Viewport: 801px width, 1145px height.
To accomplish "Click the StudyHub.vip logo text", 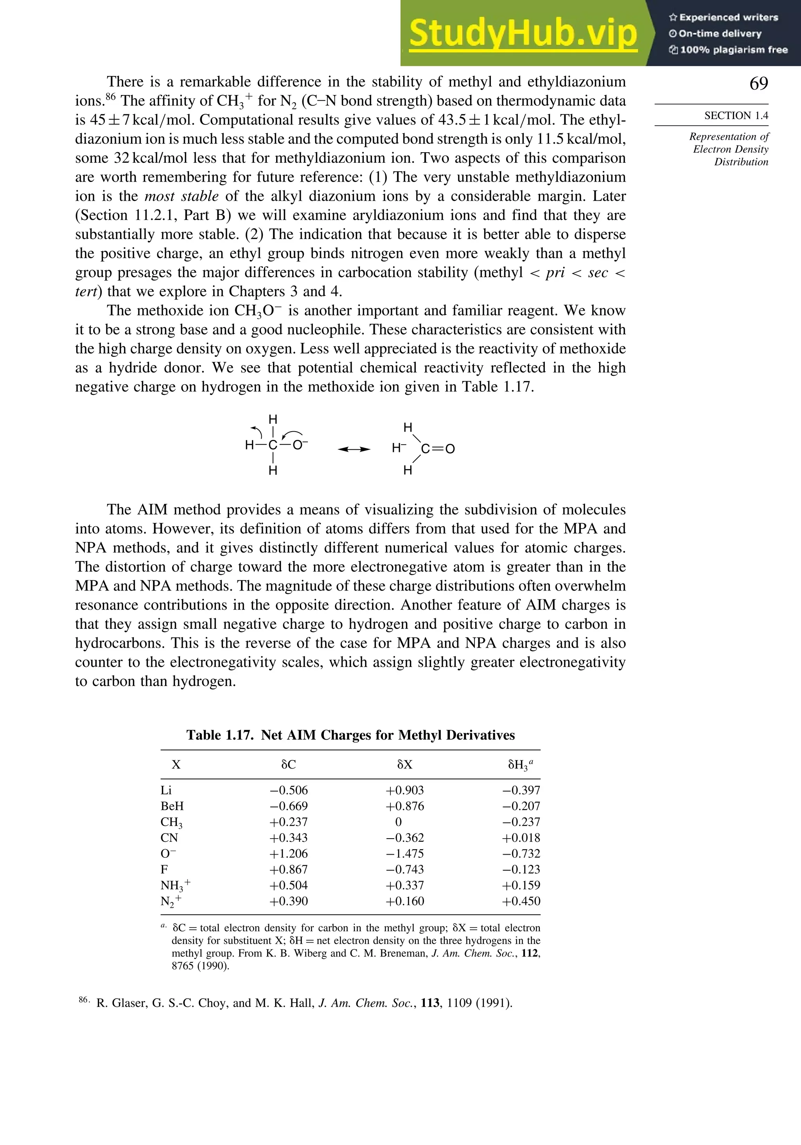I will tap(523, 34).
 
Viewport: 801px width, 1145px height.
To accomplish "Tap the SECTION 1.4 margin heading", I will tap(736, 116).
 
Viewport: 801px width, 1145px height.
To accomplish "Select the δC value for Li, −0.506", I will tap(289, 790).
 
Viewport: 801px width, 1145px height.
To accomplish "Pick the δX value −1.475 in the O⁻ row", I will tap(404, 854).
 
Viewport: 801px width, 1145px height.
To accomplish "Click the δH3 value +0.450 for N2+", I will tap(521, 901).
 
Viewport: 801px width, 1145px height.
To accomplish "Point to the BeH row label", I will tap(172, 807).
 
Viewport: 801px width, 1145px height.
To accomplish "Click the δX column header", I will tap(404, 765).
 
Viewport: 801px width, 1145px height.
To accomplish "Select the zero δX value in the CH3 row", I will tap(398, 822).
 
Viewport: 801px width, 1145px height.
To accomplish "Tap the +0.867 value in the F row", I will tap(289, 870).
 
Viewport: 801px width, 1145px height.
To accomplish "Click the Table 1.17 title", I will tap(350, 735).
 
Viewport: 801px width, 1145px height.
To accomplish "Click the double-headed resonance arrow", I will tap(354, 449).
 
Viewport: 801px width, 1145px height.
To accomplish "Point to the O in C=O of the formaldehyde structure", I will tap(450, 449).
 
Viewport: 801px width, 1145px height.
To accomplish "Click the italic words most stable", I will tap(181, 196).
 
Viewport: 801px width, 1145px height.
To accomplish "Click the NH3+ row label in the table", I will tap(175, 886).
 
